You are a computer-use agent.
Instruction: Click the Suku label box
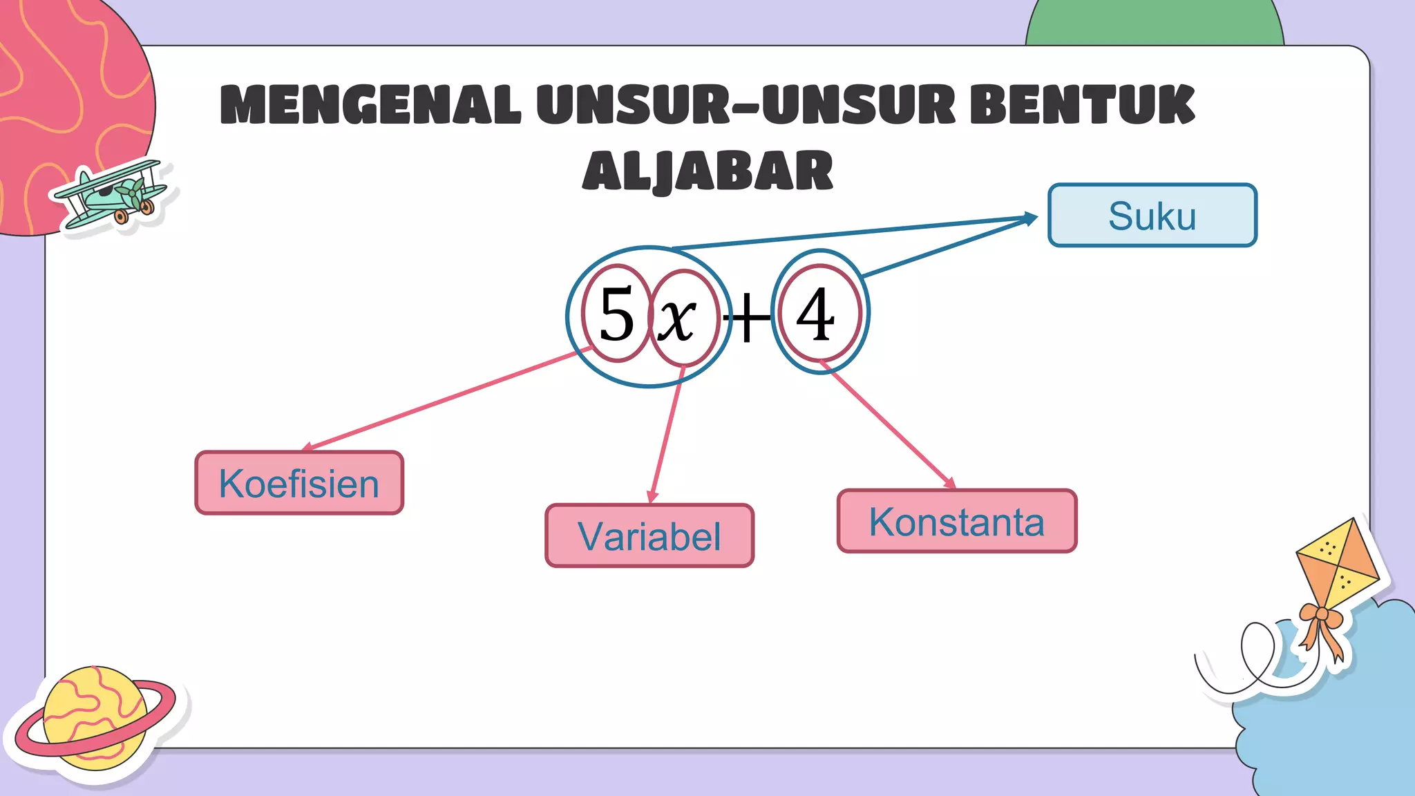click(1152, 216)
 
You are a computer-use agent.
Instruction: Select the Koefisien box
click(299, 483)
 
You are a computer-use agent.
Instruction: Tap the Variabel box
click(649, 536)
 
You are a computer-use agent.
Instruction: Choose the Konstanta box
click(957, 522)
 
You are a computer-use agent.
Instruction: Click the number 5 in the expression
click(616, 314)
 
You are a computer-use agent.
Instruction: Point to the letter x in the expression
click(676, 319)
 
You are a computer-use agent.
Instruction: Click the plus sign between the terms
click(747, 319)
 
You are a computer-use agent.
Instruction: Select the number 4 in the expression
click(816, 314)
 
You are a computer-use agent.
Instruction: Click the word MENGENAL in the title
click(370, 105)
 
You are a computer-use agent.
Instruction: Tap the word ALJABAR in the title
click(707, 171)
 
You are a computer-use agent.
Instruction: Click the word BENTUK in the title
click(1082, 105)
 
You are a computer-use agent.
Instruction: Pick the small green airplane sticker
click(111, 196)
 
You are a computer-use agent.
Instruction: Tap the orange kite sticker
click(1337, 563)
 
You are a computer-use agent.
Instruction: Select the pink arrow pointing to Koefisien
click(442, 400)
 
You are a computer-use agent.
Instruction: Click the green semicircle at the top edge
click(1155, 24)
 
